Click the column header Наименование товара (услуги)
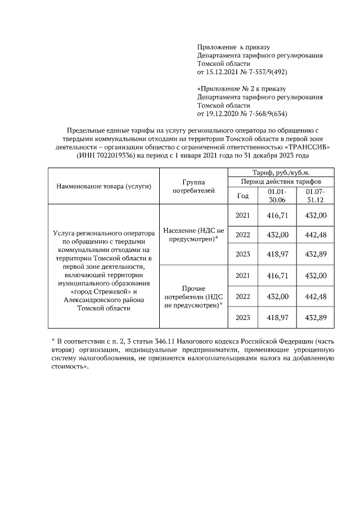[103, 186]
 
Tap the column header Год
[242, 196]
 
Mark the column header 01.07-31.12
[316, 196]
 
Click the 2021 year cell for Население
[242, 215]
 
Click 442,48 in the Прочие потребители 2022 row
[316, 296]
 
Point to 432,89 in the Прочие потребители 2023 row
[316, 318]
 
